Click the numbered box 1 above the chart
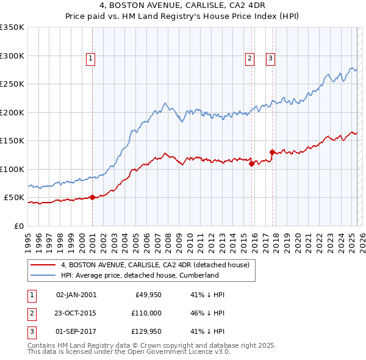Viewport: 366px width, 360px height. tap(90, 59)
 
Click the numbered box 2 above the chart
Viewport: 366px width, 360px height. tap(250, 59)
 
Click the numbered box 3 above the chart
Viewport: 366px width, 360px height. tap(270, 59)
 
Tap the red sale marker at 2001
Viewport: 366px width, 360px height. tap(92, 197)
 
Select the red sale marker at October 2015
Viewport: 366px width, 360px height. tap(251, 163)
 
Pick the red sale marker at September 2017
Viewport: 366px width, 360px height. tap(272, 152)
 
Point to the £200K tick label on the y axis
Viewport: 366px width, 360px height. tap(12, 112)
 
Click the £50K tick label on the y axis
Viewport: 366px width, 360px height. tap(14, 198)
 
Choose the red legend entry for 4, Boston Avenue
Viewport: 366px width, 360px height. tap(155, 265)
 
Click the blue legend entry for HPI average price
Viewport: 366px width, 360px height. tap(140, 275)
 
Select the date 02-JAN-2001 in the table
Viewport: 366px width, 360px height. tap(76, 295)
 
